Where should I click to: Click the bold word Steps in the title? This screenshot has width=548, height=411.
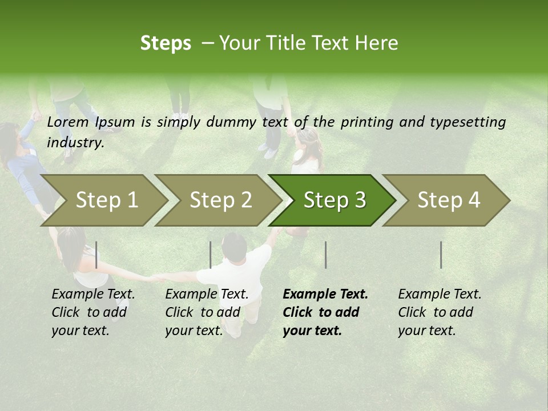tap(166, 43)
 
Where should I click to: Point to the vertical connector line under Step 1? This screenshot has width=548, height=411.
tap(96, 255)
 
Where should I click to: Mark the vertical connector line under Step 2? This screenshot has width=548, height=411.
tap(211, 255)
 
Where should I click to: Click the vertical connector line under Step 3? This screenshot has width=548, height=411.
tap(325, 255)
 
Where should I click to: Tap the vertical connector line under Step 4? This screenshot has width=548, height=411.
tap(441, 255)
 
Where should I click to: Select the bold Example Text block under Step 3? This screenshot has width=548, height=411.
tap(325, 312)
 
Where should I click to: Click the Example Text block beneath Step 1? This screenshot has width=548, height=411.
tap(93, 312)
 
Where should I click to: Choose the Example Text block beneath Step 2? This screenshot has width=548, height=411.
tap(207, 312)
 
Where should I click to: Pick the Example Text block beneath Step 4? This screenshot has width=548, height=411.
tap(440, 312)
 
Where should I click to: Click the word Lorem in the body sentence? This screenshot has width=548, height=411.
tap(67, 122)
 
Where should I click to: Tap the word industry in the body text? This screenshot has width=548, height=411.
tap(75, 143)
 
